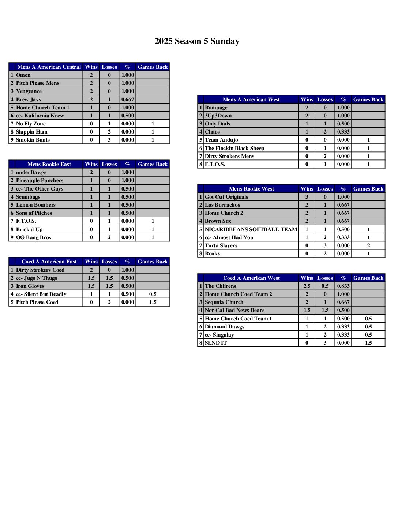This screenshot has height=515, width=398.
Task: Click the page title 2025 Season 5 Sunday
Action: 197,41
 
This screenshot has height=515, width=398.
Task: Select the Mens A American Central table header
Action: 49,67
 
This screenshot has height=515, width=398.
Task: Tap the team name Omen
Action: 23,75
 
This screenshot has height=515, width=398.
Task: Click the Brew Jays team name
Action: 29,99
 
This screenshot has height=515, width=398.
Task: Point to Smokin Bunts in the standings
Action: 33,140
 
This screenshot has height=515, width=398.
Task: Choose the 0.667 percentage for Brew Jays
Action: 128,99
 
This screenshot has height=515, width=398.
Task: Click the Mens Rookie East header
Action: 49,164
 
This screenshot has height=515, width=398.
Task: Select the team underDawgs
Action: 31,172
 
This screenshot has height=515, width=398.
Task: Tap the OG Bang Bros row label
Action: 34,237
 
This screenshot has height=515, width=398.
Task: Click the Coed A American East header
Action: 49,262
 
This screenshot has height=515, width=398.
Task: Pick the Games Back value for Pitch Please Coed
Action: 153,302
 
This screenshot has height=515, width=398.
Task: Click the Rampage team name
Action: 216,108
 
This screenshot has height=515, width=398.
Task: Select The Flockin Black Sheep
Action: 234,148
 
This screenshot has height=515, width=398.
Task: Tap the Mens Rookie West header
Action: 251,189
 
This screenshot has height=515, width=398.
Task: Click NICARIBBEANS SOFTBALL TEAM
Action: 251,229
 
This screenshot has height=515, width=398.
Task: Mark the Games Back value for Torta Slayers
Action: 368,245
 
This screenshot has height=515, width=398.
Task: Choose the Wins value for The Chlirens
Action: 307,286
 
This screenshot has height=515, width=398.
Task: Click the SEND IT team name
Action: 216,343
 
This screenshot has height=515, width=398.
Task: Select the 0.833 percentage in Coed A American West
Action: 343,286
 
